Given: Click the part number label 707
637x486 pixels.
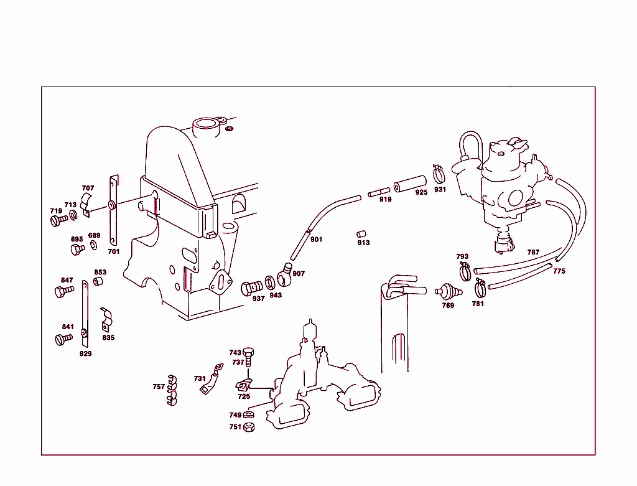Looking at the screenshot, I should (88, 188).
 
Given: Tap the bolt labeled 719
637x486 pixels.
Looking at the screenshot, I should (58, 220).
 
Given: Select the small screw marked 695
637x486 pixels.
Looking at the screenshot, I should (78, 249).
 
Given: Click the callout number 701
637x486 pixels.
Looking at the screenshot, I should (113, 252).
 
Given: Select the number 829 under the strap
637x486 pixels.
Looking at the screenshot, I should (85, 354).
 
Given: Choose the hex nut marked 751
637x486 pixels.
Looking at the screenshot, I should (248, 427).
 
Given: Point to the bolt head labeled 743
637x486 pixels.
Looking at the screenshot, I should (249, 352).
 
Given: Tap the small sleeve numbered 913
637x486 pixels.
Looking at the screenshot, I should (362, 235).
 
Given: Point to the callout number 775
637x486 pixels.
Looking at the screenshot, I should (559, 271).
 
